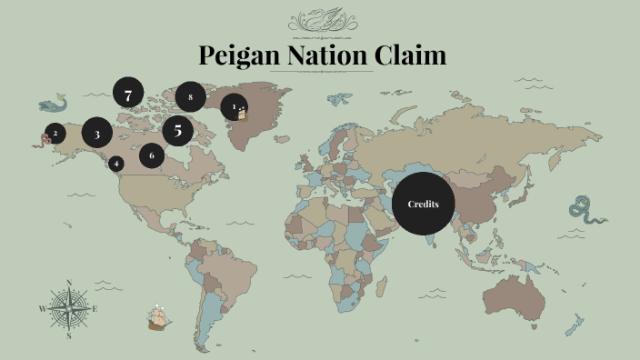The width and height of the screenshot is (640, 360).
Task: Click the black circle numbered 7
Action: pos(128,93)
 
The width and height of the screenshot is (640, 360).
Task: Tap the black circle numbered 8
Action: pos(190,95)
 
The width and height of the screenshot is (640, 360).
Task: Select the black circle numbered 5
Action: pos(178,130)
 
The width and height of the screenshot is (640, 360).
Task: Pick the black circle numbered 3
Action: pos(97,133)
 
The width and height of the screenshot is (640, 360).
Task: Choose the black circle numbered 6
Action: pos(152,155)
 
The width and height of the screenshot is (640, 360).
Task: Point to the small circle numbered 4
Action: pos(116,164)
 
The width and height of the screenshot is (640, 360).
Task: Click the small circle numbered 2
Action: pos(55,133)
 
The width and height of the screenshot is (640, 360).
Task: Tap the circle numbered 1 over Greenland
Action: pos(235,107)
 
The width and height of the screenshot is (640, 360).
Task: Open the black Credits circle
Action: pos(423,204)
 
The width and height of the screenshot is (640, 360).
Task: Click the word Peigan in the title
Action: pos(240,56)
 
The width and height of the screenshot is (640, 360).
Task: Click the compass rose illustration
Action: pos(69,308)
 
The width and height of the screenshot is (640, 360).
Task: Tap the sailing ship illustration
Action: pos(160,316)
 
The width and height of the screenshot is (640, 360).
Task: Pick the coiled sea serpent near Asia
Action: pos(582,213)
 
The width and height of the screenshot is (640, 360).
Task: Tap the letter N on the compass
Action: pos(69,281)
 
